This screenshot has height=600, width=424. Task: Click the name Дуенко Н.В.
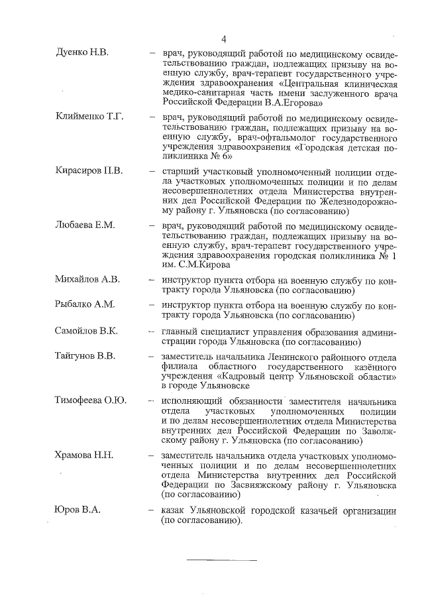point(81,51)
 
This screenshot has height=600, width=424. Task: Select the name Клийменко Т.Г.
point(89,117)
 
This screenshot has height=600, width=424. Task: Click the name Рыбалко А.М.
point(85,304)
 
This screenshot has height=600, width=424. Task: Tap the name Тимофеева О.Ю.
point(91,400)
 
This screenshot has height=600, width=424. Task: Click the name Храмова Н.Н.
point(84,455)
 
